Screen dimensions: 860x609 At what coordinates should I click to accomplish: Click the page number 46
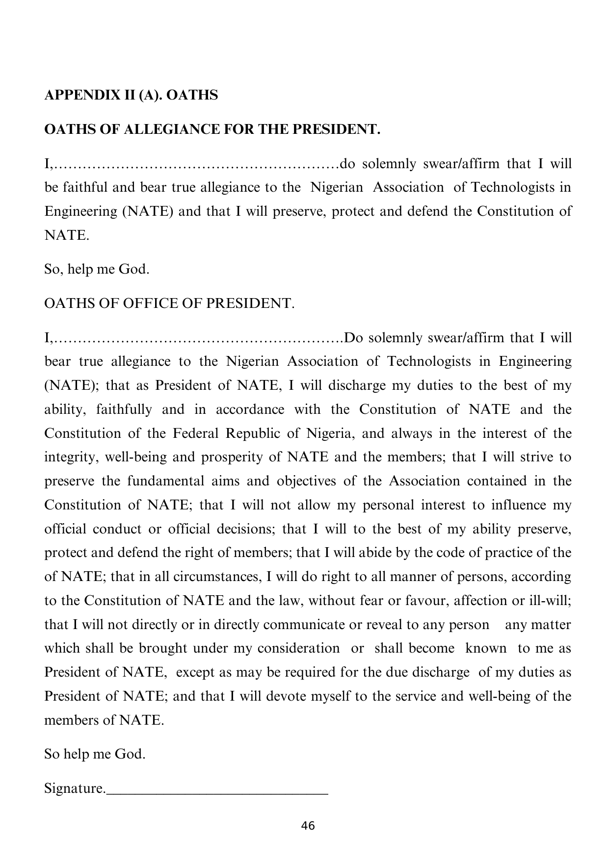[308, 826]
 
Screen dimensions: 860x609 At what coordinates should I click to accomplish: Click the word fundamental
[165, 481]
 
